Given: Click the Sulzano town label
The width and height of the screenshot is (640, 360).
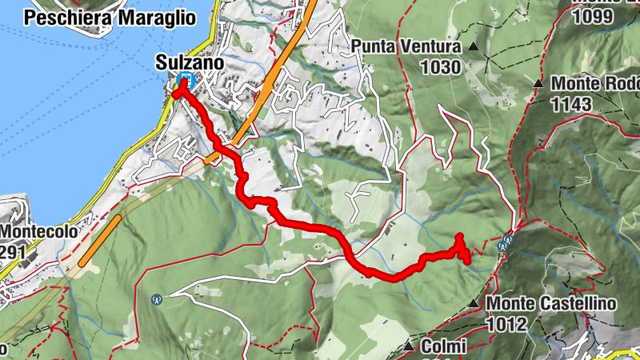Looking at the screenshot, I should [190, 62].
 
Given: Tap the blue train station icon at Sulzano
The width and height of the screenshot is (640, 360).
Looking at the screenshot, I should [186, 79].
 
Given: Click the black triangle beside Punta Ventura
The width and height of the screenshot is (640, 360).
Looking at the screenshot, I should [474, 48].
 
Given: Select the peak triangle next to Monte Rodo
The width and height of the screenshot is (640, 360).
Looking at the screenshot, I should [539, 82].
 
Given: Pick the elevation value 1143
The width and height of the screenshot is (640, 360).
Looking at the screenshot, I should [570, 103].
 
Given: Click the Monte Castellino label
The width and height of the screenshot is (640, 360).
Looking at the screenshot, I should [551, 304].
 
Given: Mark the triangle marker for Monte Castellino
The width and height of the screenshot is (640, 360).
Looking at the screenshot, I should [474, 303].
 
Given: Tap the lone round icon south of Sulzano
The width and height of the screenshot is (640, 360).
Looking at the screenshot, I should [157, 299].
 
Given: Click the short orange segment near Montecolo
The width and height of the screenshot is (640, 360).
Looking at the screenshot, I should [100, 239].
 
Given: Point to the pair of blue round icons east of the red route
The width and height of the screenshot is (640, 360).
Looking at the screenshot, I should [505, 244].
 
